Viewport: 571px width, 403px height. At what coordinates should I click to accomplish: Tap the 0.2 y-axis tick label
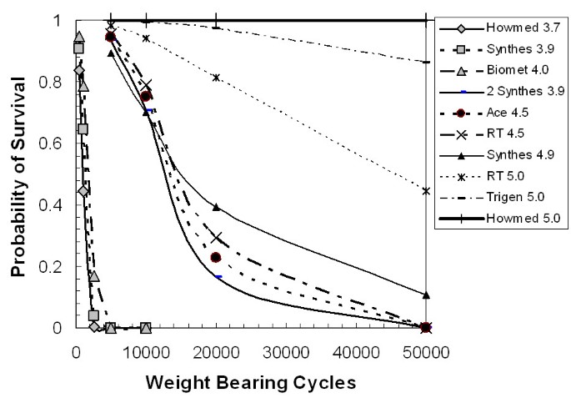[x=56, y=267]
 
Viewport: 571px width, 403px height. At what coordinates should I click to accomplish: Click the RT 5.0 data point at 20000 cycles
[x=217, y=78]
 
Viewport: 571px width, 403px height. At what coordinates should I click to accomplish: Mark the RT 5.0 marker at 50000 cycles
[x=426, y=191]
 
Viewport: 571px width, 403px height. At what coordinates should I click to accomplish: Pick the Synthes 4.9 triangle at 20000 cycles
[x=216, y=207]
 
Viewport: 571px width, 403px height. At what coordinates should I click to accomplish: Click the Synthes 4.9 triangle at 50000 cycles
[x=426, y=295]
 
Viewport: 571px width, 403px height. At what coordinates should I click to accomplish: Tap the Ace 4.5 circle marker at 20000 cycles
[x=216, y=258]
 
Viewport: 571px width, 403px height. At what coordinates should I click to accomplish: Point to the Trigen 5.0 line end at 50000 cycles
[x=426, y=62]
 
